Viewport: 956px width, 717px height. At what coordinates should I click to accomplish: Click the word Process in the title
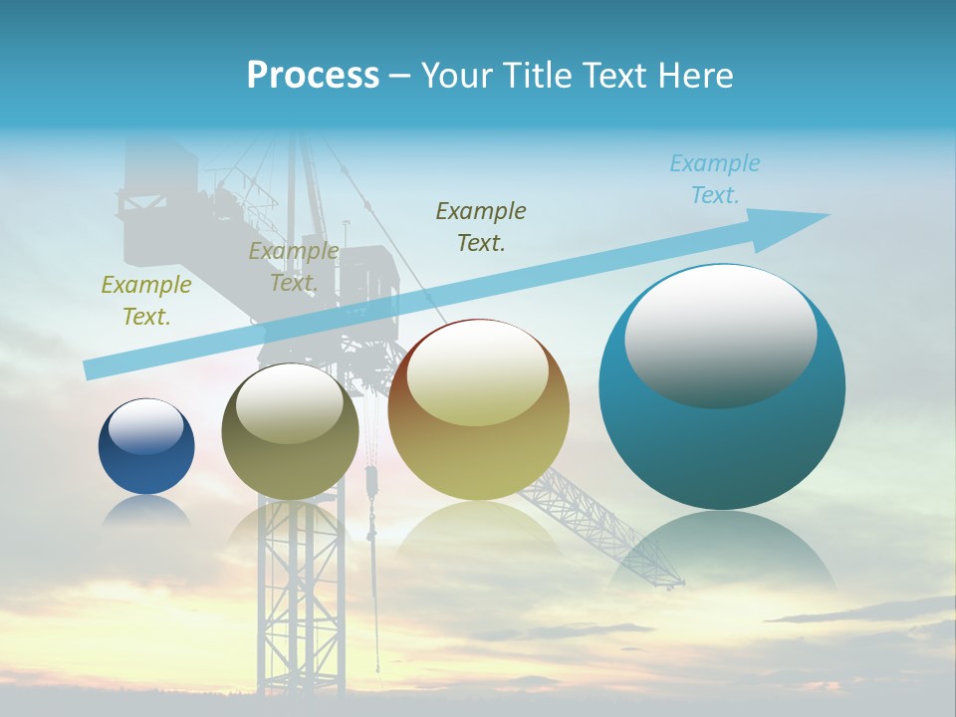[313, 76]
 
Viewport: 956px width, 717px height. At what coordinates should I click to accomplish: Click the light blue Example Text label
[715, 179]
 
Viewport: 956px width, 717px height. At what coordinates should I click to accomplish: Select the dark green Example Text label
[481, 226]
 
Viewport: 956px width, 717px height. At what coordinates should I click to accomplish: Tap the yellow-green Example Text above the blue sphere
[146, 300]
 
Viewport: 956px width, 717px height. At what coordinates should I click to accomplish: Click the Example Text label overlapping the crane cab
[294, 267]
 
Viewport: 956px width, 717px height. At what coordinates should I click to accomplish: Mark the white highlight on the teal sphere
[720, 334]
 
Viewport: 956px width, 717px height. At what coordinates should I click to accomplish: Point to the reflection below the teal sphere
[722, 553]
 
